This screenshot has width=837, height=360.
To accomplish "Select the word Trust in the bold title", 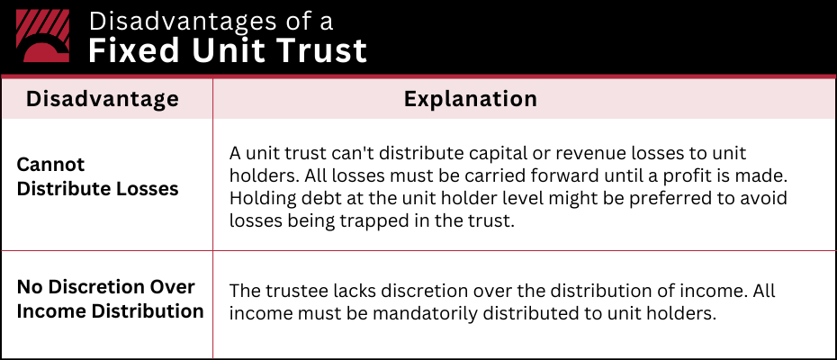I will coord(326,50).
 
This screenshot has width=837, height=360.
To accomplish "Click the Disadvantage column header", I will coord(102,99).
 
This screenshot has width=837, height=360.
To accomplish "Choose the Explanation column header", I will coord(470,99).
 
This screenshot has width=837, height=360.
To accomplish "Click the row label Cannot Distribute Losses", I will coord(97,177).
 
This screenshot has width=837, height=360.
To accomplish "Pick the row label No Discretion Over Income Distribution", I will coord(109,300).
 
